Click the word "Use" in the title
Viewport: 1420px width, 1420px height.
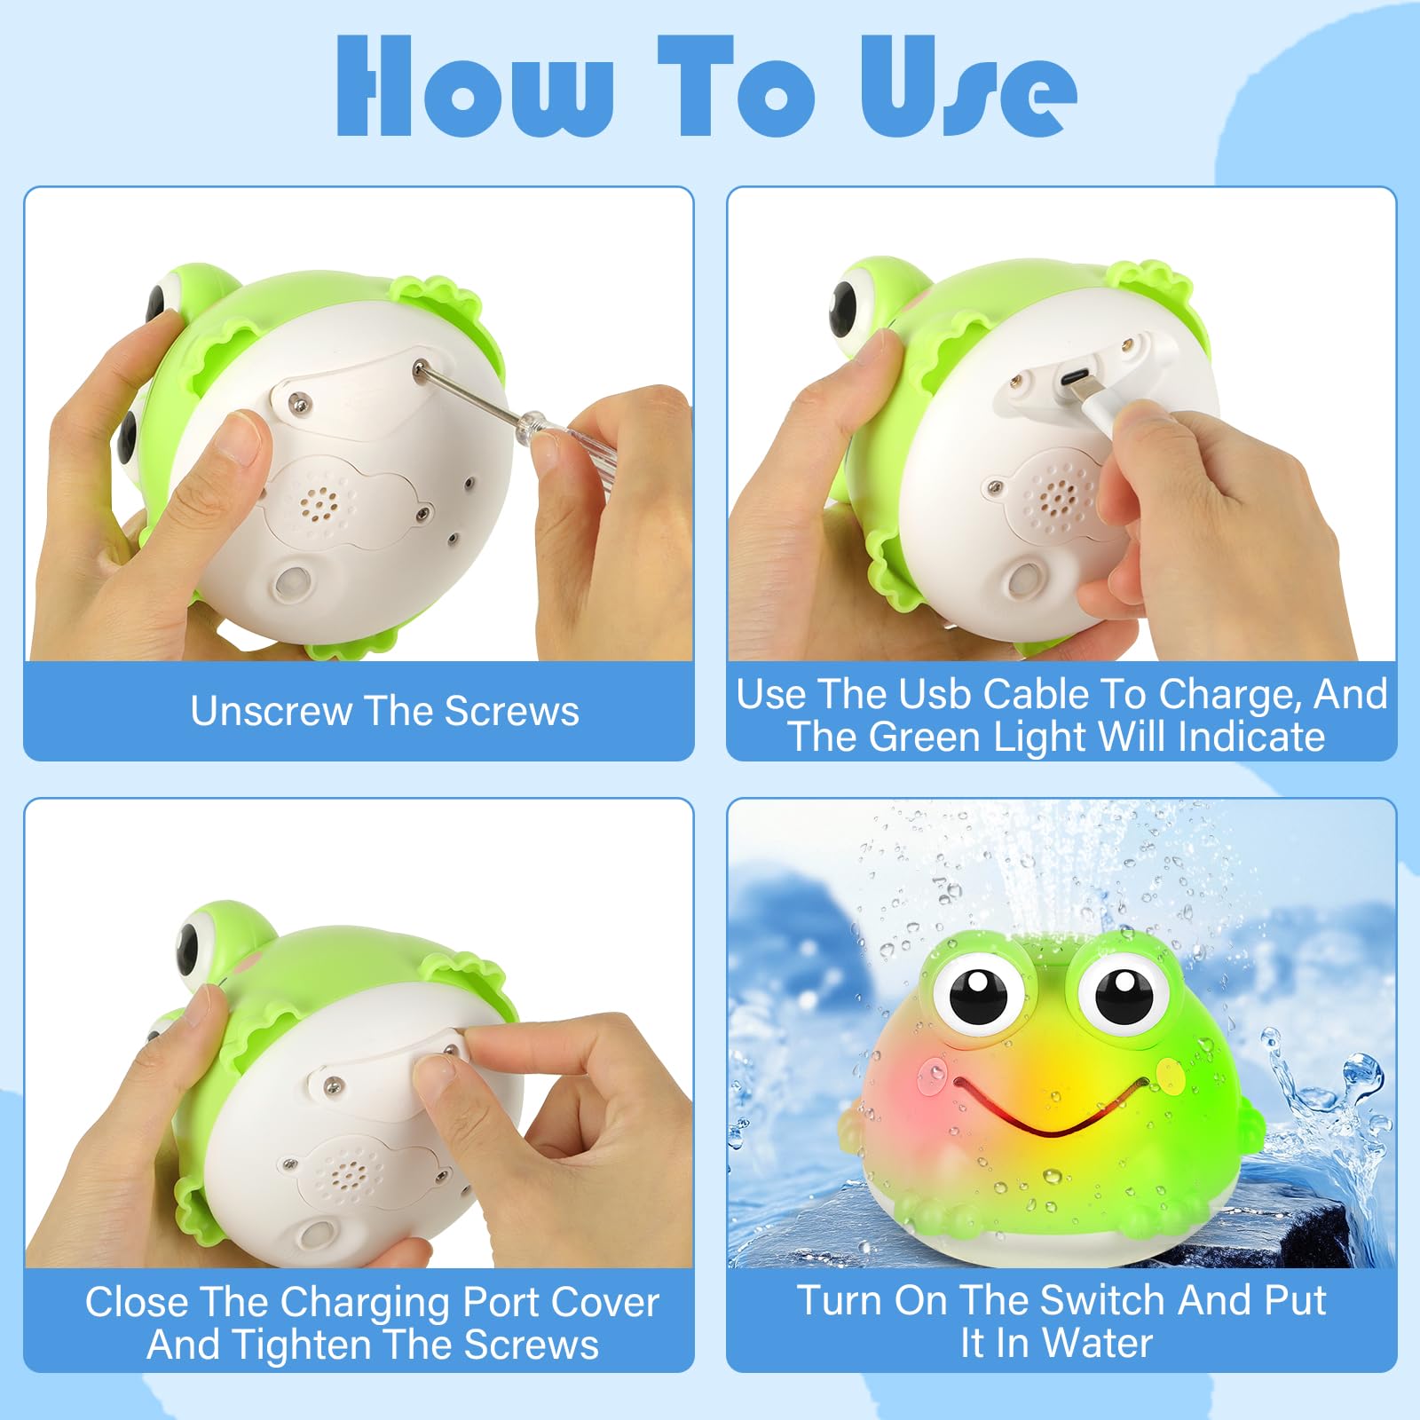(969, 86)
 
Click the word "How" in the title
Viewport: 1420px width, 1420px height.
(476, 86)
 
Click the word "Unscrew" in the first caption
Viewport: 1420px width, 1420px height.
(270, 711)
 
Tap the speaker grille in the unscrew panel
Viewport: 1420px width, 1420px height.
(318, 502)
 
